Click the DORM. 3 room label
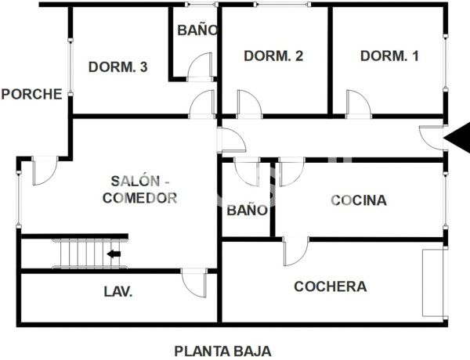coord(118,67)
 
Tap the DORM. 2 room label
coord(273,56)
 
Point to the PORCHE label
coord(31,95)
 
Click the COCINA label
coord(359,200)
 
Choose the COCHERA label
coord(330,286)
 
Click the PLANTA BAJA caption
coord(222,351)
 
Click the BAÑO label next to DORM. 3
coord(197,31)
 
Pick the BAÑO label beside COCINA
coord(248,211)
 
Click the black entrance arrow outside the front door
coord(457,138)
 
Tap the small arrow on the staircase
coord(114,254)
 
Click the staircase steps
coord(79,254)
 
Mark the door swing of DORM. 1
coord(358,103)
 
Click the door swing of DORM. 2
coord(248,103)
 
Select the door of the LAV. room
coord(194,281)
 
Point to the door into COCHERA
coord(295,251)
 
